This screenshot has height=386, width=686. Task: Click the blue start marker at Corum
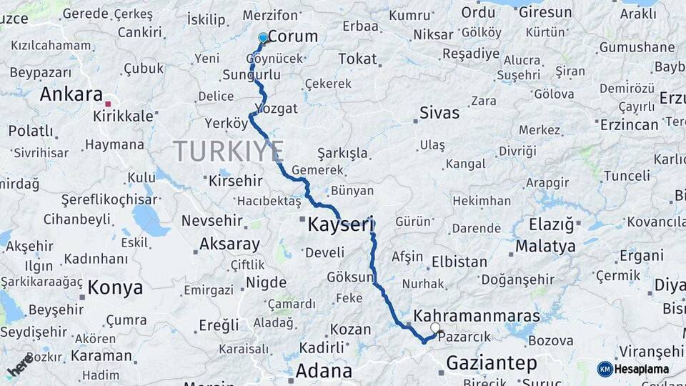pos(263,37)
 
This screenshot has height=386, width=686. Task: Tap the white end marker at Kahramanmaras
pos(434,328)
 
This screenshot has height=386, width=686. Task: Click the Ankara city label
pos(71,94)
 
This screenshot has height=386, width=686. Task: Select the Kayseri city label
pos(342,225)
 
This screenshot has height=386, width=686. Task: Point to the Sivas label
pos(439,112)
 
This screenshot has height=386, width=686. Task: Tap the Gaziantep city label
pos(491,363)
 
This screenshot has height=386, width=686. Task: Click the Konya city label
pos(115,288)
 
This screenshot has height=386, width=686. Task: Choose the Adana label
pos(324,371)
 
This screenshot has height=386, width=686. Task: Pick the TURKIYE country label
pos(229,152)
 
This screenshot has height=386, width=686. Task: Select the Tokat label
pos(357,59)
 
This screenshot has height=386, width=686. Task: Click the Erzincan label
pos(629,125)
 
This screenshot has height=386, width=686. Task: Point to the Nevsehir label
pos(214,221)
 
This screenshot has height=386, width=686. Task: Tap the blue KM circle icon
pos(605,369)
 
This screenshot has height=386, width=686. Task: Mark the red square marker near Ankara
pos(108,104)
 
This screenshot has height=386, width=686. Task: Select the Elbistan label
pos(459,262)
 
